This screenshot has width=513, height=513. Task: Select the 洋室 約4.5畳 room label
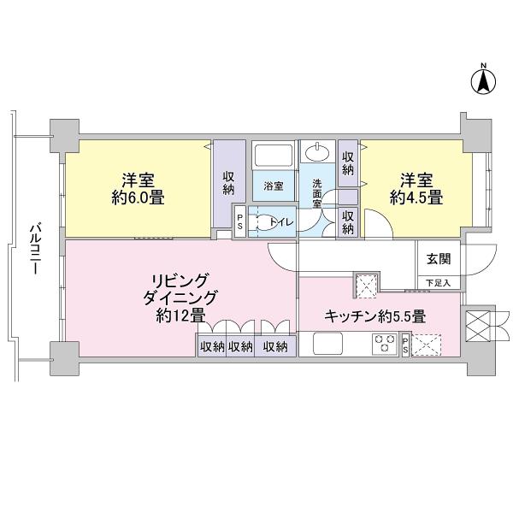(417, 189)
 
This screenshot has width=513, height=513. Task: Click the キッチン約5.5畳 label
(374, 315)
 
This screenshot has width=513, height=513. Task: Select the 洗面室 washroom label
(317, 188)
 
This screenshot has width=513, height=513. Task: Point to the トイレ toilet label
(280, 222)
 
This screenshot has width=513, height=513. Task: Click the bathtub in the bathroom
(273, 158)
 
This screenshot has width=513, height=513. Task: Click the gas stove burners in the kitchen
(381, 344)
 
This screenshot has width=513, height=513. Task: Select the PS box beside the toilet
(239, 221)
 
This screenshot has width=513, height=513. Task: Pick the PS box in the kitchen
(405, 345)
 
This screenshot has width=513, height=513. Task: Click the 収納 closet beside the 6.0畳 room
(229, 182)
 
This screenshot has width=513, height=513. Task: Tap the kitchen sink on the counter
(327, 344)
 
